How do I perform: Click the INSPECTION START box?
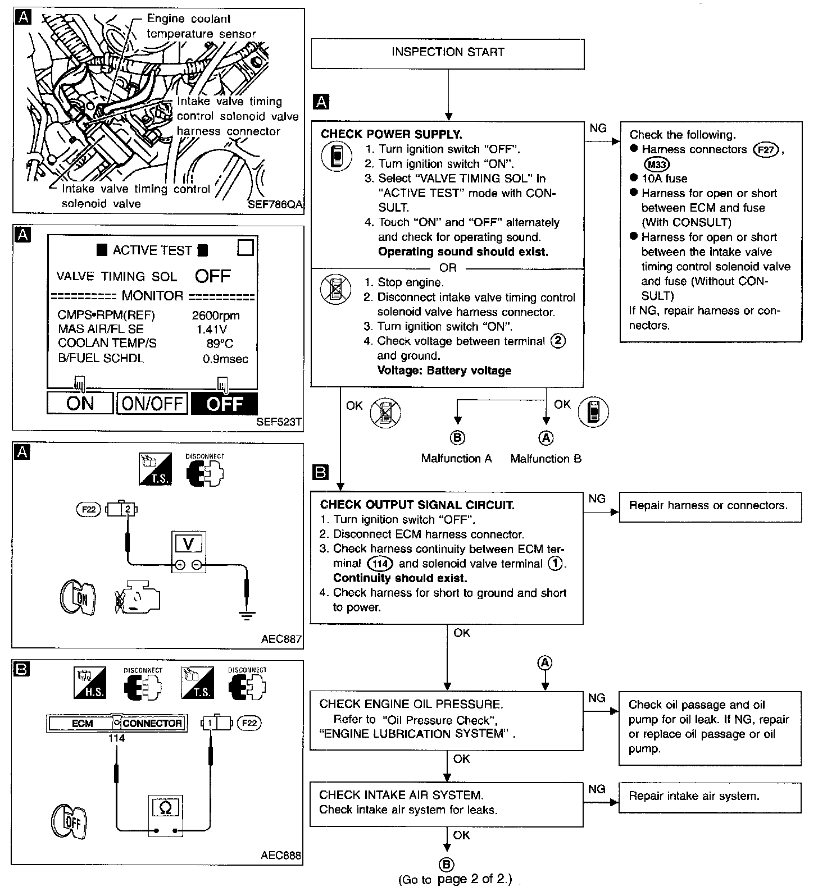click(x=448, y=54)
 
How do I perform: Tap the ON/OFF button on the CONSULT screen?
click(x=152, y=403)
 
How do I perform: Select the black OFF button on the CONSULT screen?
click(x=225, y=403)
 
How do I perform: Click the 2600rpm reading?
click(x=216, y=316)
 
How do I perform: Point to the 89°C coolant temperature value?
click(x=220, y=344)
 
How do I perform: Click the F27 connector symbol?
click(x=766, y=150)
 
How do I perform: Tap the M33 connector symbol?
click(x=656, y=164)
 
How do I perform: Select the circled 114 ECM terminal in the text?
click(x=379, y=564)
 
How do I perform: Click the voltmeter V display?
click(x=189, y=543)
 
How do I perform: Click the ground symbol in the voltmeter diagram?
click(x=246, y=614)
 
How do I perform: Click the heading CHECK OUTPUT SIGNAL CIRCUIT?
click(x=417, y=505)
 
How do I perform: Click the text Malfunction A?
click(x=456, y=459)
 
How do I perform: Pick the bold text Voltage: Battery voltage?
click(x=444, y=371)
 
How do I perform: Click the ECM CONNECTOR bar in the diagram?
click(x=117, y=724)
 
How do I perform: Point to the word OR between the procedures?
click(x=448, y=268)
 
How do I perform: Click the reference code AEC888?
click(x=281, y=856)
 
